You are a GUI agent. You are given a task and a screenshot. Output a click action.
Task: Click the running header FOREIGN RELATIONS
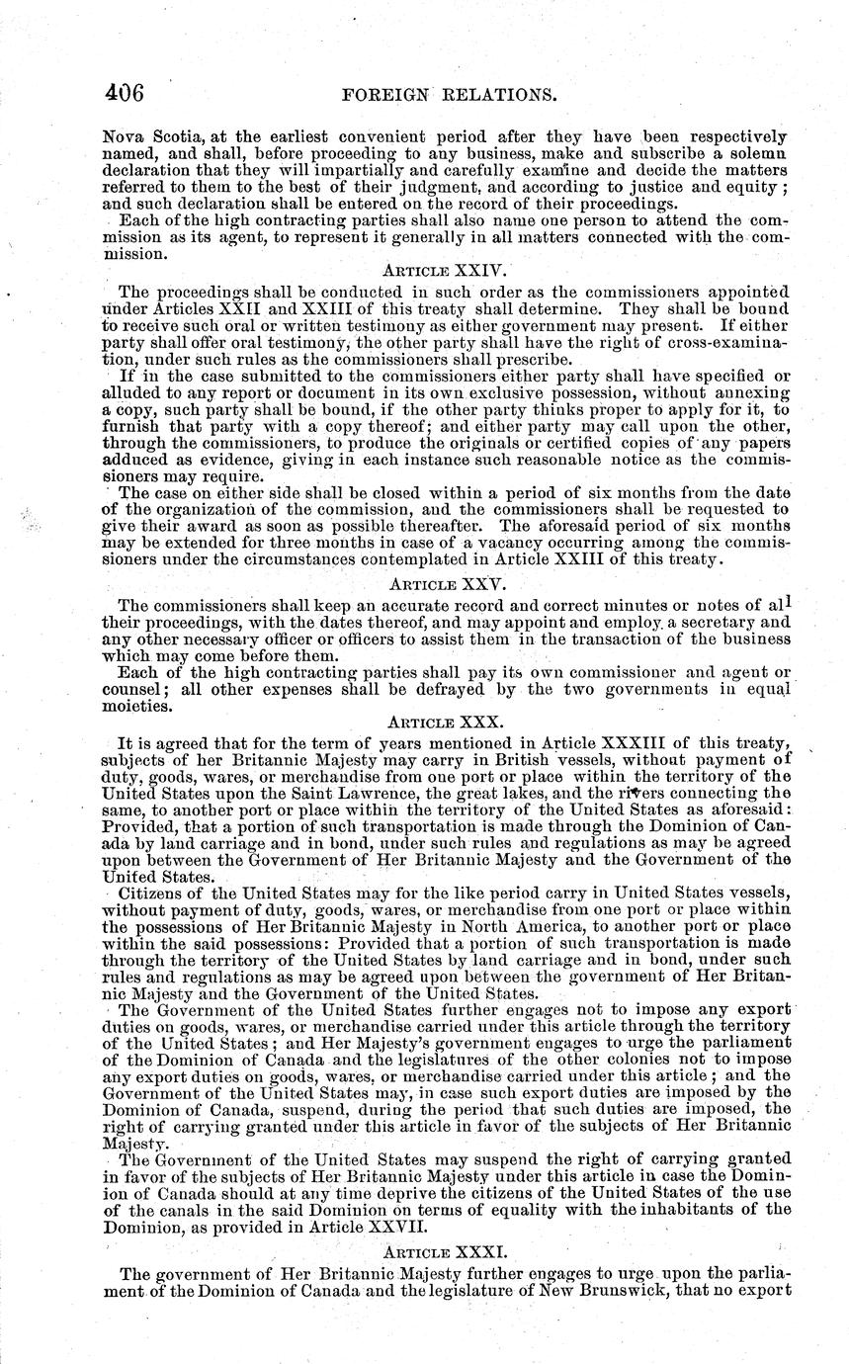pyautogui.click(x=445, y=96)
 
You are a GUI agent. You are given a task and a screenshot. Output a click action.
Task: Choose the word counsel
pyautogui.click(x=134, y=690)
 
